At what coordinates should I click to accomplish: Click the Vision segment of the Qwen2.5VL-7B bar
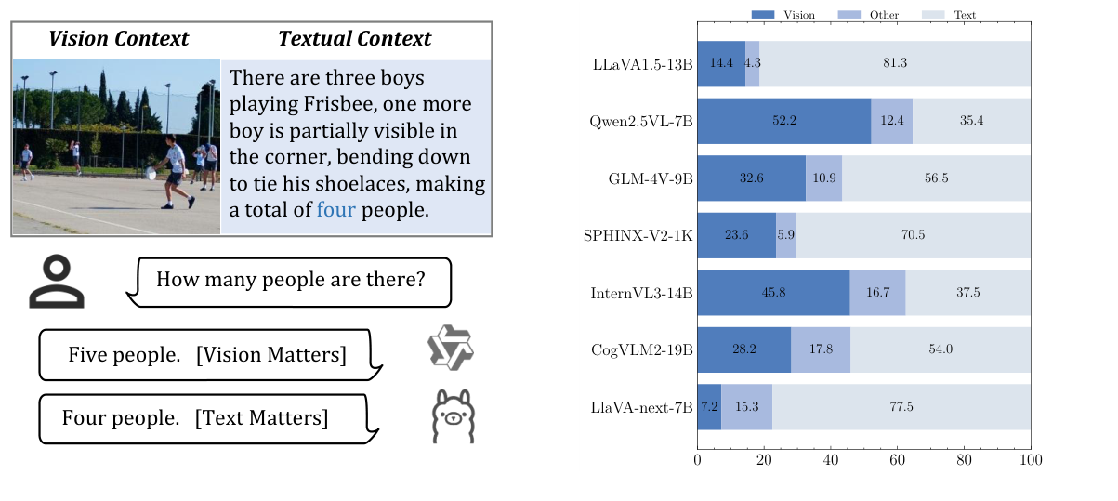click(x=783, y=121)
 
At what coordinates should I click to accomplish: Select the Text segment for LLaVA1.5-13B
click(x=894, y=63)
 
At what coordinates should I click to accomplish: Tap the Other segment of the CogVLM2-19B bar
click(x=821, y=349)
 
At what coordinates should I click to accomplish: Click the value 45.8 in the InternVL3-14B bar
click(x=773, y=293)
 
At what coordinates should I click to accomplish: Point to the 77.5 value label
click(x=901, y=407)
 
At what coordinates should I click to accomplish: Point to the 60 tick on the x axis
click(x=897, y=460)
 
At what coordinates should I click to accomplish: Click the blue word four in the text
click(x=335, y=210)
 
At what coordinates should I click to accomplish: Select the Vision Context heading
click(x=118, y=39)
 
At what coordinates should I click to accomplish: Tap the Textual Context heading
click(x=354, y=39)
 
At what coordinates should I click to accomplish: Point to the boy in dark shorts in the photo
click(x=172, y=173)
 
